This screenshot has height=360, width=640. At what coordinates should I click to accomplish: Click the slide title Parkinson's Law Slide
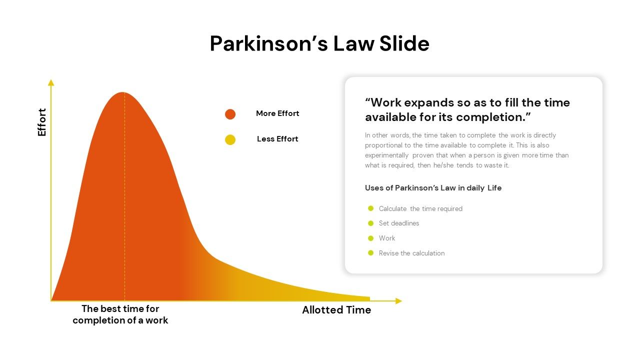pos(319,44)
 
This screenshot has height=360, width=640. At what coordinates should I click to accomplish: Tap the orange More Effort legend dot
pos(230,114)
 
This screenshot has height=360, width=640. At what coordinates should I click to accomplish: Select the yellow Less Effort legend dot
pos(230,140)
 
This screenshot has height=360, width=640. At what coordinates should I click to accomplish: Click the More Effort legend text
pos(277,113)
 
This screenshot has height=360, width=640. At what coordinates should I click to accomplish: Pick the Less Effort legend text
pos(277,139)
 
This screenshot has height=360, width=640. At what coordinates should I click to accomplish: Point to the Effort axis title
pos(42,122)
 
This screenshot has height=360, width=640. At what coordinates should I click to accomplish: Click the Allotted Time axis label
pos(336,310)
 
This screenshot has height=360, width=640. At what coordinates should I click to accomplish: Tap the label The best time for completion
pos(120,314)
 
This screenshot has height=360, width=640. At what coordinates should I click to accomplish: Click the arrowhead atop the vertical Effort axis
pos(50,82)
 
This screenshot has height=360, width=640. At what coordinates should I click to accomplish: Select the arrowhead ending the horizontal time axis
pos(398,301)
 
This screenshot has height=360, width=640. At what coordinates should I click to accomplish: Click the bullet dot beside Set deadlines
pos(371,223)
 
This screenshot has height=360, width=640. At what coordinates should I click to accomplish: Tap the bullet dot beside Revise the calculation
pos(371,253)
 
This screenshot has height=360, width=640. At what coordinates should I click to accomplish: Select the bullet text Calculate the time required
pos(420,209)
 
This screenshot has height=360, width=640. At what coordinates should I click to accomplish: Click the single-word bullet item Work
pos(387,238)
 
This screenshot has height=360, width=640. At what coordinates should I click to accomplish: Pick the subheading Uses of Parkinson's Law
pos(433,188)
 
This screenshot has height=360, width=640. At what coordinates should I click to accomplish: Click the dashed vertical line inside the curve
pos(125,200)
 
